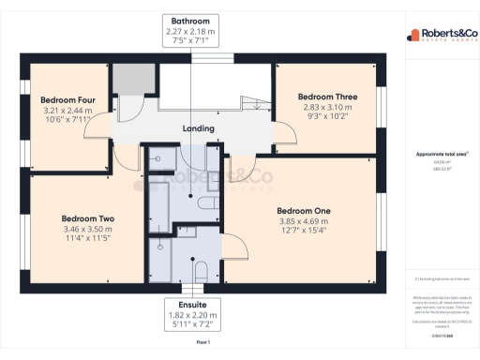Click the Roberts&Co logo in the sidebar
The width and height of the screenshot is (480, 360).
(440, 36)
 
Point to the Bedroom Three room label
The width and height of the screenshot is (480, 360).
(325, 97)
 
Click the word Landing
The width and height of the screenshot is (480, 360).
(198, 128)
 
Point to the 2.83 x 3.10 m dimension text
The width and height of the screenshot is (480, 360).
(325, 108)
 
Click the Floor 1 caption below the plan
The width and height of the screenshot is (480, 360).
(202, 344)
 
